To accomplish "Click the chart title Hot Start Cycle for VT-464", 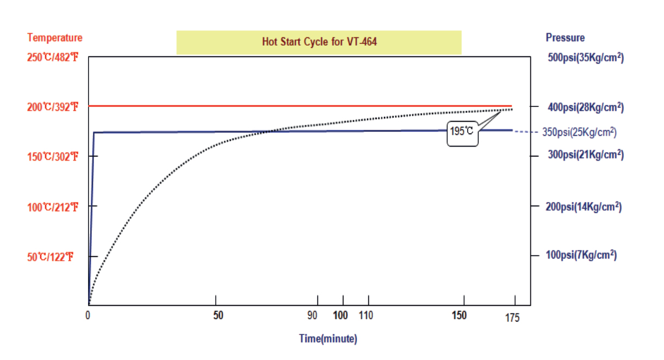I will (x=319, y=42).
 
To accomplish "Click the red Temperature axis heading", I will (x=55, y=37).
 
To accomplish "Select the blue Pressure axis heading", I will (x=565, y=37).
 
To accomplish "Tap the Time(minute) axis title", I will (x=328, y=339).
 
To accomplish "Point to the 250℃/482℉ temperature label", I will (x=53, y=57).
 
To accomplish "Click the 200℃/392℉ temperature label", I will (x=53, y=107).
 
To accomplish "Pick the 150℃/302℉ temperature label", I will (x=53, y=157).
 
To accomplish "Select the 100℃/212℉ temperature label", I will (x=53, y=207).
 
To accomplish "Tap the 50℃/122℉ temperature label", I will (x=51, y=257).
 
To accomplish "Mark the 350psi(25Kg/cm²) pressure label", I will (x=579, y=132).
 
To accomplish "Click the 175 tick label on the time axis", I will (x=512, y=318).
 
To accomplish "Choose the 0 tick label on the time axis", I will (x=88, y=315).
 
